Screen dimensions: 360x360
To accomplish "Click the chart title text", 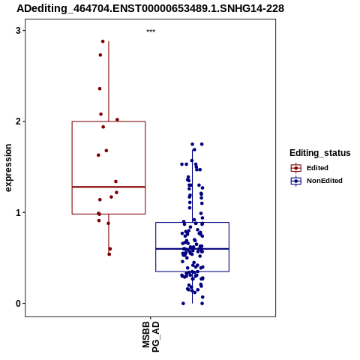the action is (150, 9).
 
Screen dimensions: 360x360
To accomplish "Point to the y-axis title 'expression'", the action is (8, 168).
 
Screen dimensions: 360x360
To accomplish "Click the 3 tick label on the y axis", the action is (18, 31).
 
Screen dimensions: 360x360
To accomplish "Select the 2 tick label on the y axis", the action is (18, 121).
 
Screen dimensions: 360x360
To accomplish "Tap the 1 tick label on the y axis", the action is (18, 212).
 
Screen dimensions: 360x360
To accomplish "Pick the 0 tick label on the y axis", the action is (18, 304).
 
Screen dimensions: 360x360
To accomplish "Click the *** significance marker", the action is (151, 31).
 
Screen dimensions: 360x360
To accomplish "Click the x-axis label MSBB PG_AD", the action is (151, 337).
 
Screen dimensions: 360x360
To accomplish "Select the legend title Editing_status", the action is (320, 153).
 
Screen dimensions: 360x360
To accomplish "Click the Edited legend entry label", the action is (317, 168).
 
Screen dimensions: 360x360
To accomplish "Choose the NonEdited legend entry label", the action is (325, 181).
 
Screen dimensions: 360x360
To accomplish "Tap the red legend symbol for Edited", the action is (296, 168).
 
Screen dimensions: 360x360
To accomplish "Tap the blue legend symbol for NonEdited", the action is (296, 181).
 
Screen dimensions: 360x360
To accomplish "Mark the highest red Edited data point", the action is (103, 41).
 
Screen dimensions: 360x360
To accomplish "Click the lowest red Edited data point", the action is (109, 254).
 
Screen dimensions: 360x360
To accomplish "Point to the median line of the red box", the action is (109, 187).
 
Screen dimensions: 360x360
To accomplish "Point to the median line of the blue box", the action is (192, 249).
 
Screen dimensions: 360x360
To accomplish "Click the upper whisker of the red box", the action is (109, 82).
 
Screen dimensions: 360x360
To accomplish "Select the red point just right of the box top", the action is (117, 120).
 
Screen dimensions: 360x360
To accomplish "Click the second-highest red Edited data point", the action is (100, 55).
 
